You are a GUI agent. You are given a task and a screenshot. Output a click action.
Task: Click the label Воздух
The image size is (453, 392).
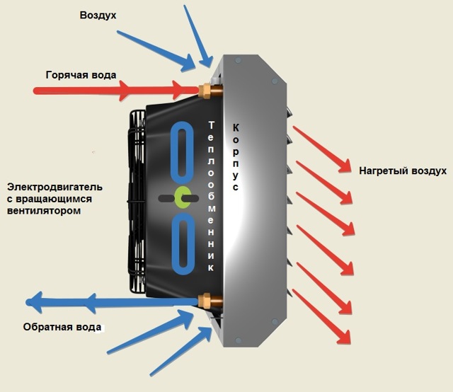click(x=98, y=16)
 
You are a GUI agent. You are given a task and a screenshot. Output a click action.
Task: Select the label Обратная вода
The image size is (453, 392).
click(x=62, y=327)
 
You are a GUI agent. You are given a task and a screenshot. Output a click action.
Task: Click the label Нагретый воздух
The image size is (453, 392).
click(x=403, y=171)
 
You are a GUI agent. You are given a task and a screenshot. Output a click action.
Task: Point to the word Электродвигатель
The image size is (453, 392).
click(x=55, y=188)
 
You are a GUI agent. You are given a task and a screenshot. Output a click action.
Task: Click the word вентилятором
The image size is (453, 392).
click(x=44, y=211)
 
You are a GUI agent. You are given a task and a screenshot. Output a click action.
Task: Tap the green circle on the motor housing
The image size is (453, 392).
click(x=183, y=197)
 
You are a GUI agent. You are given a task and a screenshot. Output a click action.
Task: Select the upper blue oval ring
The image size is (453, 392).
click(x=172, y=153)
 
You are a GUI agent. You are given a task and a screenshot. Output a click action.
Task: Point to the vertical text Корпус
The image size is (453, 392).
click(x=236, y=157)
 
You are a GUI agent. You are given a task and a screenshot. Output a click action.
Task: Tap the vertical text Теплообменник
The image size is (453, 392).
click(x=211, y=197)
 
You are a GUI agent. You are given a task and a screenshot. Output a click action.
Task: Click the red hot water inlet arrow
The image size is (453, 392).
click(x=115, y=90)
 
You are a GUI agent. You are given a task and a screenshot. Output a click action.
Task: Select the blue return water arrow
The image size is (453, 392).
click(x=112, y=302)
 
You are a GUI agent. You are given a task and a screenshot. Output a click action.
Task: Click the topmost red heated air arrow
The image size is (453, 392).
click(x=321, y=149)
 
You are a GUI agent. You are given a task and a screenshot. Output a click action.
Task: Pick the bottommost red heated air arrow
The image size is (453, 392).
click(x=321, y=316)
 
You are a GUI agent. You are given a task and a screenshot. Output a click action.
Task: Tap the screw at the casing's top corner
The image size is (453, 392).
click(x=238, y=60)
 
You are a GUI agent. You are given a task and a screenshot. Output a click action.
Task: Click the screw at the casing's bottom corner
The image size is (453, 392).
click(x=238, y=340)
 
